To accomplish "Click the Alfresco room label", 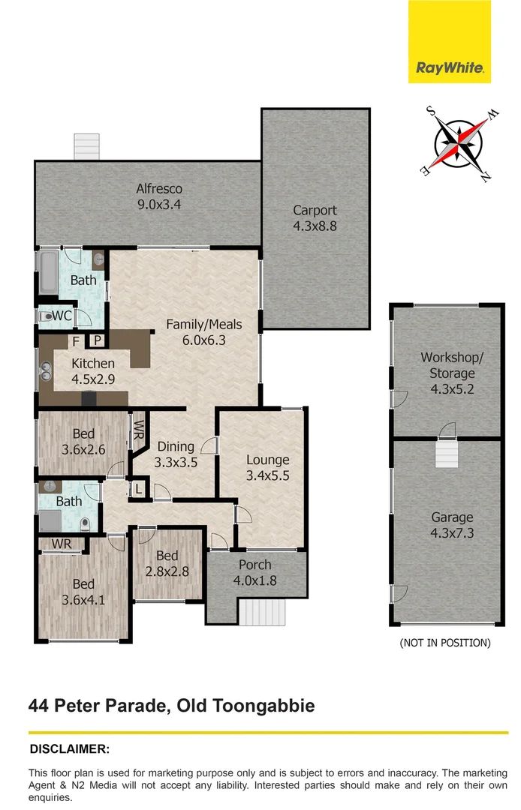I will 159,189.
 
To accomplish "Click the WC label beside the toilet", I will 62,316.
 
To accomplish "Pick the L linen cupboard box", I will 138,489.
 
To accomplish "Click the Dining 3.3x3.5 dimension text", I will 176,463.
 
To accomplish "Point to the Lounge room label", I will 268,460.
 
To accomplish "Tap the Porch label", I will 255,565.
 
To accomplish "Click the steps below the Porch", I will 262,611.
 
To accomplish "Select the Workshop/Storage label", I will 447,365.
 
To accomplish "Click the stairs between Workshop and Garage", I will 447,454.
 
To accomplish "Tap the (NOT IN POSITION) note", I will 446,643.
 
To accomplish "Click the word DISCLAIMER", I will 70,748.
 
